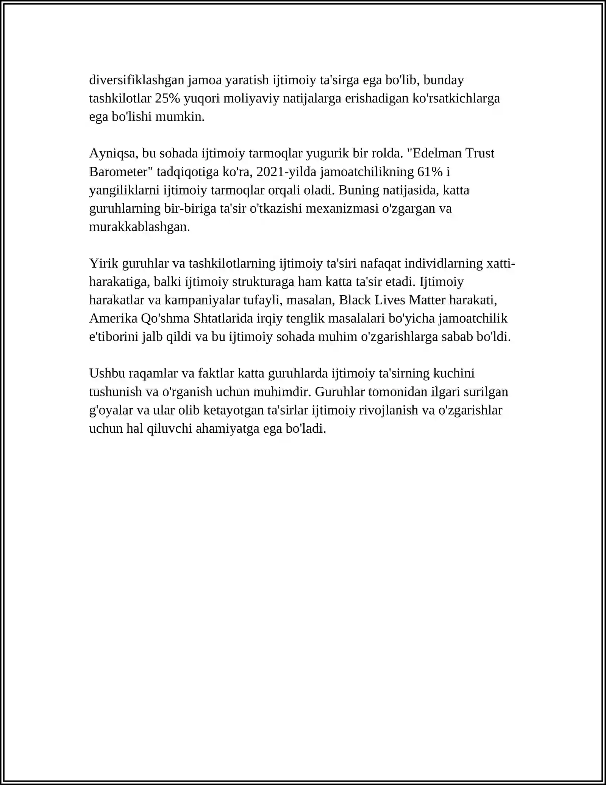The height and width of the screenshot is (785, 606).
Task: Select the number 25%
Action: point(168,99)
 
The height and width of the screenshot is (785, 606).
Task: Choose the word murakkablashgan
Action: point(139,227)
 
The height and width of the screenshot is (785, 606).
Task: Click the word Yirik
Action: point(103,263)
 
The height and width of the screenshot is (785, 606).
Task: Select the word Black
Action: point(355,300)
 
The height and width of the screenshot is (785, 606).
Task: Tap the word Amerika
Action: point(113,319)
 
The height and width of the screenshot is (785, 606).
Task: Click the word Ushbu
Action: point(107,374)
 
